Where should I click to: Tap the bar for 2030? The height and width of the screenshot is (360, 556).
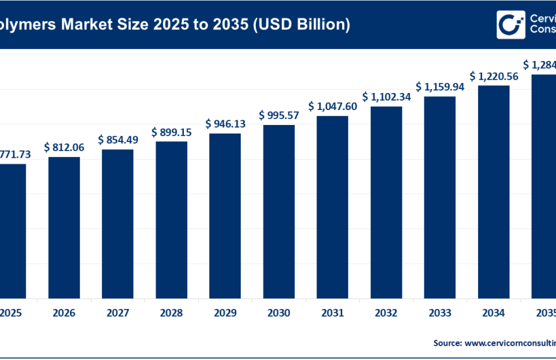(279, 210)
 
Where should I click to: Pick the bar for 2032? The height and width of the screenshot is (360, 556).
(386, 202)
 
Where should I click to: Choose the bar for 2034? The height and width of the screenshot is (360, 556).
(493, 190)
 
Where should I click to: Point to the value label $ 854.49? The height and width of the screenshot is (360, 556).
(118, 140)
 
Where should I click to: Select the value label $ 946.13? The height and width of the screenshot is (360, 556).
(225, 124)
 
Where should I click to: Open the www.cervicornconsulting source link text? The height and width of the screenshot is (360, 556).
(510, 342)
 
